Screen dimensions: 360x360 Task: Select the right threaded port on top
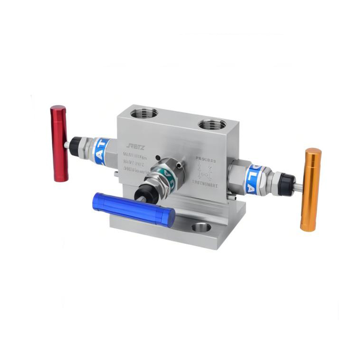(211, 123)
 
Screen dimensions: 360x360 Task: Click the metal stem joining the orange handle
(298, 185)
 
